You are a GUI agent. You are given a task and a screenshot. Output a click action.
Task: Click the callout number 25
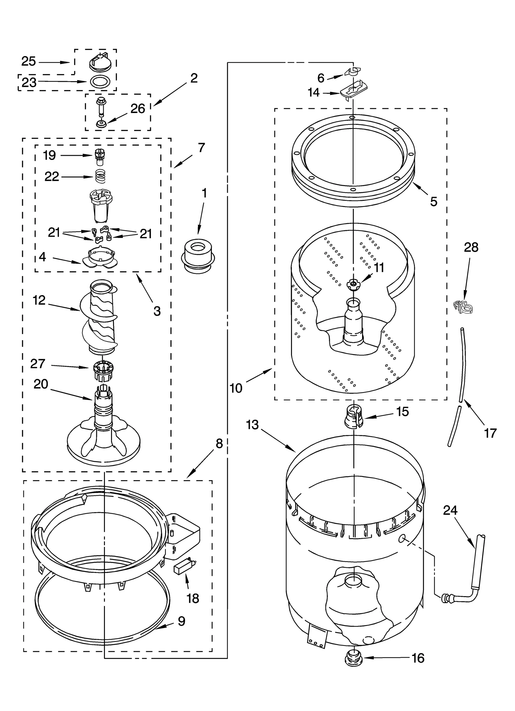click(28, 61)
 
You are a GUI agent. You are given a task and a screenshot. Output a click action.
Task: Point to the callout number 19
click(50, 155)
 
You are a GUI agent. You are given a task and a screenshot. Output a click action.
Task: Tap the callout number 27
click(38, 364)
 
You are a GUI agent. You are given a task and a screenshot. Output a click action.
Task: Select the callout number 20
click(41, 384)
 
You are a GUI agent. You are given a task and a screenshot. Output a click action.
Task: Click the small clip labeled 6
click(353, 71)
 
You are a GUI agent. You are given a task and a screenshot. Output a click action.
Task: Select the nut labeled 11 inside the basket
click(353, 284)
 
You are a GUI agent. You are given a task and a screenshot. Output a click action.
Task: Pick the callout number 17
click(490, 433)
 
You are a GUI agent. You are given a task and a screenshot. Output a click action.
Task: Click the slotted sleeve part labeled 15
click(354, 418)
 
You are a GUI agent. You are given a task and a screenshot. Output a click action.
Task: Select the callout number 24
click(450, 510)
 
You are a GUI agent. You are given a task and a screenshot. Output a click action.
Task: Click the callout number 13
click(252, 425)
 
